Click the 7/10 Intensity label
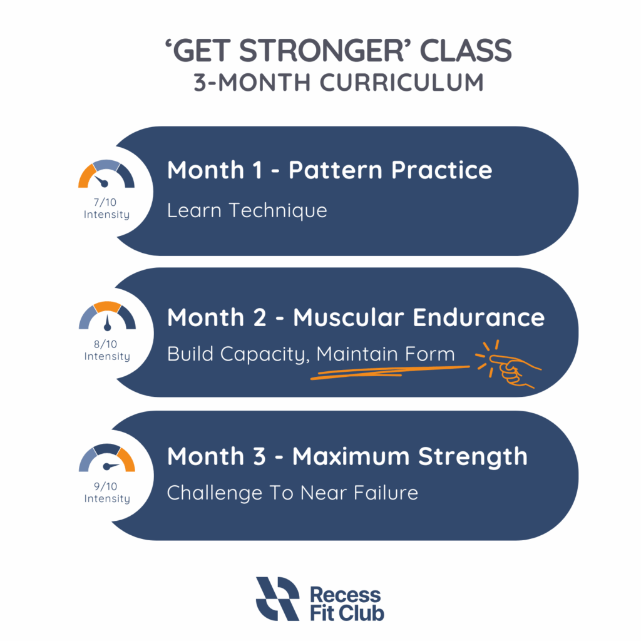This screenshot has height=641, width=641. tap(106, 208)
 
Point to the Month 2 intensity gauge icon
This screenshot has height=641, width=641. tap(106, 316)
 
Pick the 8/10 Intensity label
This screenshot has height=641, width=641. tap(106, 350)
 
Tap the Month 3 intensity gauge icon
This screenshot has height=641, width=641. tap(106, 458)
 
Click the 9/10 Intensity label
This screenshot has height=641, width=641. tap(106, 493)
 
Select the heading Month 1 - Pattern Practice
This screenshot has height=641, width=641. tap(329, 170)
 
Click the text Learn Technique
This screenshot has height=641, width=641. tap(247, 210)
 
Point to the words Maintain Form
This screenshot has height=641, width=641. tap(386, 354)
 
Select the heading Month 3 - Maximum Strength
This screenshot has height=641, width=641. tap(347, 456)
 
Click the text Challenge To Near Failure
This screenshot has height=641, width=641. tap(292, 493)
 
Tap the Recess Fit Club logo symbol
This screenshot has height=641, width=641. tap(277, 598)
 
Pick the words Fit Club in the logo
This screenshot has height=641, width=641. tap(347, 613)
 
